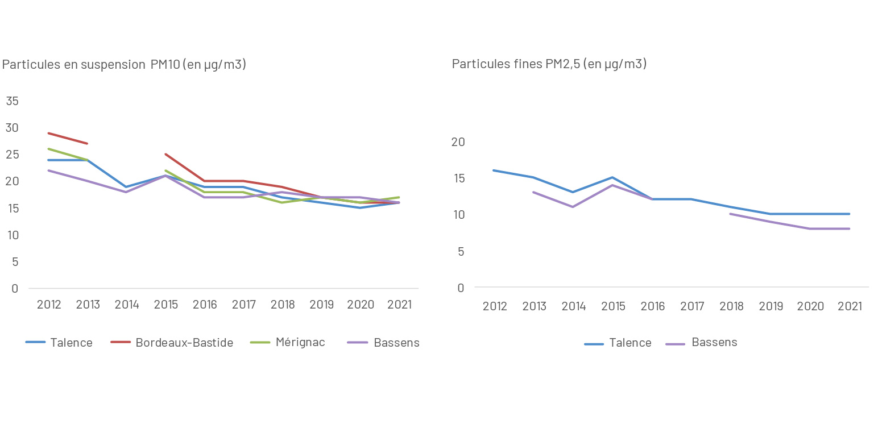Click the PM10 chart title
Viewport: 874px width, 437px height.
124,64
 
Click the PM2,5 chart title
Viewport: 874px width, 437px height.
549,64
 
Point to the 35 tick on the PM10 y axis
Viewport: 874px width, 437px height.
12,101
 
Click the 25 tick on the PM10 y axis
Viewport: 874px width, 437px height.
12,155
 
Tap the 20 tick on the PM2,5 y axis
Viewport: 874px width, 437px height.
458,142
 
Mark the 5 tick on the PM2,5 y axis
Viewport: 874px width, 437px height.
461,251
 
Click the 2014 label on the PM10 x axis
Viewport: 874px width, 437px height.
127,305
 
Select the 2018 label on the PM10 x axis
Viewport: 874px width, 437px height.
283,305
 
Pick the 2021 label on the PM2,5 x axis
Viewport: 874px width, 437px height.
850,306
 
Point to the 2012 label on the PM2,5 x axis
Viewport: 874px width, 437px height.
495,306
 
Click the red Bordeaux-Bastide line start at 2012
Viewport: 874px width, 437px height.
49,133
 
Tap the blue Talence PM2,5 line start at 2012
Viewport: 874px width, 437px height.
494,170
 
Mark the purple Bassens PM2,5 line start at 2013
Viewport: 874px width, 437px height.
533,192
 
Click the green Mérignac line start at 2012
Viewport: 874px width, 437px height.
49,149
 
